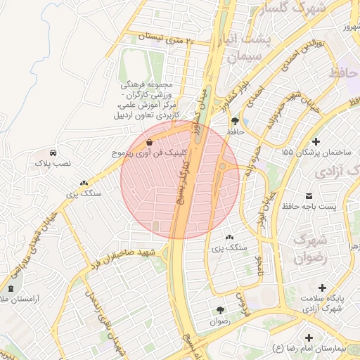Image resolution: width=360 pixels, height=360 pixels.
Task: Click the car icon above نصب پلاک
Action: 53,152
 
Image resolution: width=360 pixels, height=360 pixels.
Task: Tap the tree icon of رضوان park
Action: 220,310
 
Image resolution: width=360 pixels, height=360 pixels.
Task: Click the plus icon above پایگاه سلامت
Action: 323,288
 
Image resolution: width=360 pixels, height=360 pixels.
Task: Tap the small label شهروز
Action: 346,27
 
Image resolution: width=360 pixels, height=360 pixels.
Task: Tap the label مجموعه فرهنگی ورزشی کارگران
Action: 149,91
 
